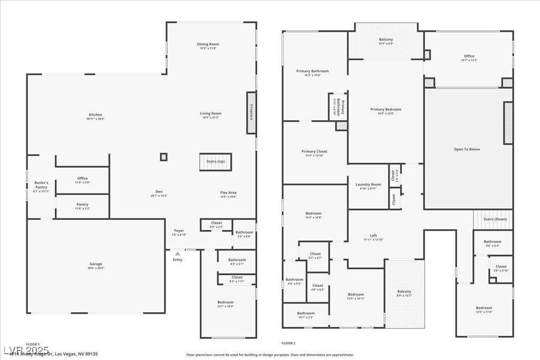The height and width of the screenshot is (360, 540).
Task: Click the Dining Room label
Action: coord(208,44)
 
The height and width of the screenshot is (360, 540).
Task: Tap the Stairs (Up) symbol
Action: coord(215,162)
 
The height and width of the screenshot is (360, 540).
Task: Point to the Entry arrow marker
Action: coord(178,254)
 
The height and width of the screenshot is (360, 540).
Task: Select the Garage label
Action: coord(96,264)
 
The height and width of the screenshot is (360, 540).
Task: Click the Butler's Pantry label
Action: coord(41,185)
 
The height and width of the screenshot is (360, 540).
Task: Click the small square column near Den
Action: coord(163,157)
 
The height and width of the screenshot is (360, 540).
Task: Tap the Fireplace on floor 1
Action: coord(252,113)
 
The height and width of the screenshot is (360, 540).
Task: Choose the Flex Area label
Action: coord(228,193)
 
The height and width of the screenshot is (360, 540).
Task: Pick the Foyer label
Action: coord(179,231)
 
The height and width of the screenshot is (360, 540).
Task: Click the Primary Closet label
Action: coord(314,152)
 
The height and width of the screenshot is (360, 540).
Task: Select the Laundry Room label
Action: coord(368,184)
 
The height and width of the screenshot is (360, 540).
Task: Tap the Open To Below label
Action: coord(467,149)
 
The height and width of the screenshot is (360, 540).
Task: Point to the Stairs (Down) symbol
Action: coord(493,219)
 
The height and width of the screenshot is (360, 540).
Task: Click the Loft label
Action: coord(373,236)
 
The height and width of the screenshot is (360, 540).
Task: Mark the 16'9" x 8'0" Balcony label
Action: coord(386,40)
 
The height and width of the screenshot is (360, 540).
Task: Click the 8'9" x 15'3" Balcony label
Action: coord(404,292)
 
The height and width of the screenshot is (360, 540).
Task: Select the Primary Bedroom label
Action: coord(385,110)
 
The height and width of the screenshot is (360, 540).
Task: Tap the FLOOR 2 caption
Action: coord(288,343)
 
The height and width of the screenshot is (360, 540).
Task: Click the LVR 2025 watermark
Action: coord(26,351)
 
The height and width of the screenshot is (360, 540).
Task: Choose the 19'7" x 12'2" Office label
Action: coord(469,56)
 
